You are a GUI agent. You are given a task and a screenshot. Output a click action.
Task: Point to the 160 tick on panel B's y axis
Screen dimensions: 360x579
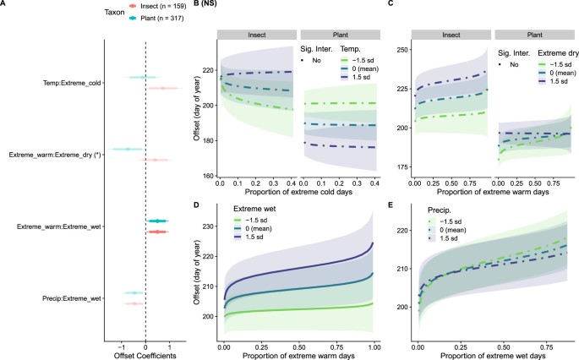point(206,176)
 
